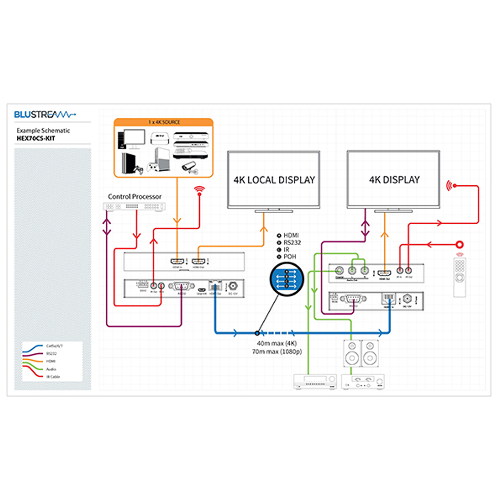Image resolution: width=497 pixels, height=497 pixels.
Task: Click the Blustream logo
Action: point(45,115)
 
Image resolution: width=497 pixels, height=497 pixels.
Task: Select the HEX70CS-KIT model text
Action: point(36,138)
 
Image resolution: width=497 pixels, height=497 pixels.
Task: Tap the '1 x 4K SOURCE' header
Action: point(164,122)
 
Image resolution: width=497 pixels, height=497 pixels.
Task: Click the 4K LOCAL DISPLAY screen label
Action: point(274,180)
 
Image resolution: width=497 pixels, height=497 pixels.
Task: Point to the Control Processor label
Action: point(135,196)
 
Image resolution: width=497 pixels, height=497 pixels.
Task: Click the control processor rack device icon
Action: point(134,207)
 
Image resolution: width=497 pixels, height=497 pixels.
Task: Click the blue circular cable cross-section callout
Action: point(287,280)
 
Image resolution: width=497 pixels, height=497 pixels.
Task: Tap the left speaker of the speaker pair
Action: point(351,353)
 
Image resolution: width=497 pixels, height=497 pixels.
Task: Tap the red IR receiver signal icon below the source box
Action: point(200,190)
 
